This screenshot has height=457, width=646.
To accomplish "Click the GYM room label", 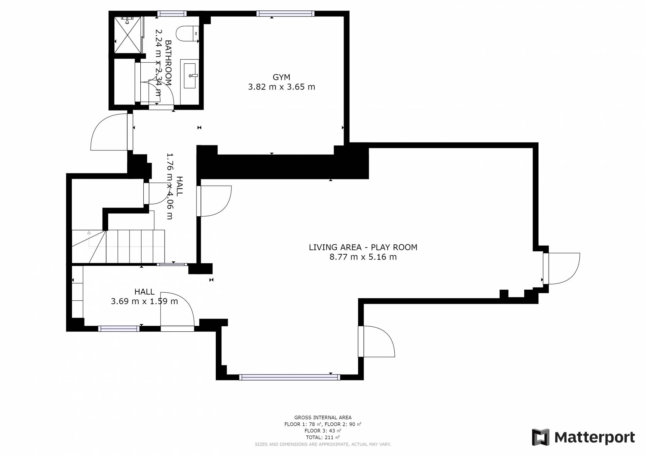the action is click(x=281, y=77).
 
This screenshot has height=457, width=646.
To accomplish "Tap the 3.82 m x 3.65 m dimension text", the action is click(x=282, y=87).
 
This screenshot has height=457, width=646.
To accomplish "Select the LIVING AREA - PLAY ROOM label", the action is click(x=363, y=247).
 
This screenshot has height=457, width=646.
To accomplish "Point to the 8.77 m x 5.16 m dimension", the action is click(x=363, y=257).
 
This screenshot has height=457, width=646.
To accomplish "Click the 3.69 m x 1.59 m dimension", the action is click(x=144, y=301).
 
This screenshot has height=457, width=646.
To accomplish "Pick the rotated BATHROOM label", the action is click(x=168, y=63).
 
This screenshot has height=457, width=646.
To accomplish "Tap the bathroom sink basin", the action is click(x=190, y=76).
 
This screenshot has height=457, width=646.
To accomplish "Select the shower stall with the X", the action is click(x=128, y=35).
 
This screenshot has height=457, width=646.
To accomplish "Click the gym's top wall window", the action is click(x=285, y=13).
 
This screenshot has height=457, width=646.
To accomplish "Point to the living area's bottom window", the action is click(x=289, y=377).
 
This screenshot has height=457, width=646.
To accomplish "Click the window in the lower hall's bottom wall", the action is click(x=119, y=329).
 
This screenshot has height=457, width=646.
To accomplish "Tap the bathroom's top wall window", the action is click(x=172, y=13).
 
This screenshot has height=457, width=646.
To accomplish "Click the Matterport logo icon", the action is click(x=540, y=437).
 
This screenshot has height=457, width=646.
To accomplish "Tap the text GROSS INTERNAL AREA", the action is click(x=323, y=418).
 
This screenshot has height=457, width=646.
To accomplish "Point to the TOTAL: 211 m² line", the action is click(x=323, y=437).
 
